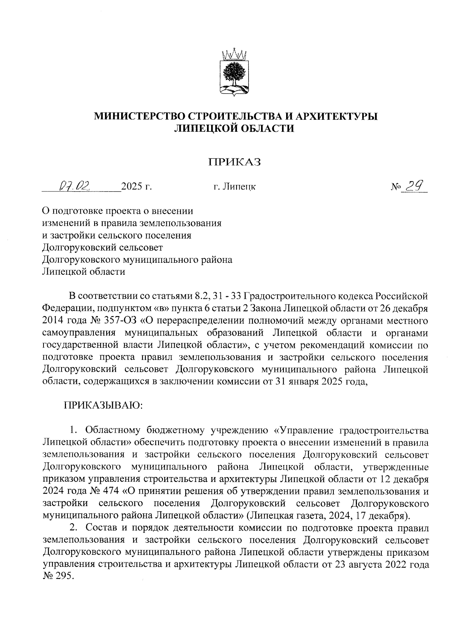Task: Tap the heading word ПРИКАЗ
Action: tap(235, 162)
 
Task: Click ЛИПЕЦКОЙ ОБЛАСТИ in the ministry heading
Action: tap(235, 129)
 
